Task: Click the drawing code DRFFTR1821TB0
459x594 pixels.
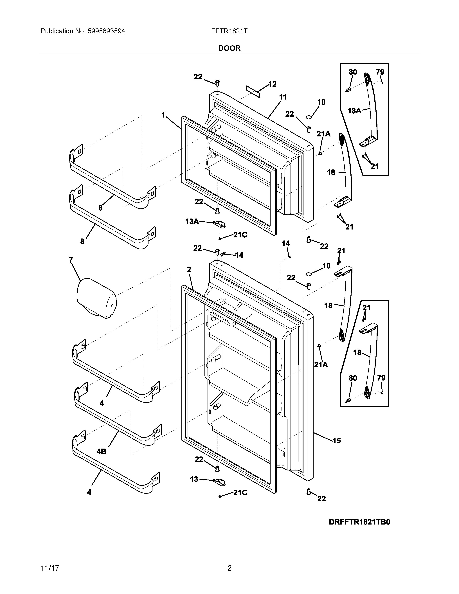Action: pyautogui.click(x=359, y=522)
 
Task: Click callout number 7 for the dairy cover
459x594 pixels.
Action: pyautogui.click(x=71, y=260)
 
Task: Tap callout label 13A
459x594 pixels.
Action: pyautogui.click(x=192, y=222)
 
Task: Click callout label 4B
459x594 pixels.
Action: pyautogui.click(x=101, y=451)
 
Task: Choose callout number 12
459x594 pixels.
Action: pyautogui.click(x=273, y=84)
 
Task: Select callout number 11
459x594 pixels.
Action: pyautogui.click(x=283, y=97)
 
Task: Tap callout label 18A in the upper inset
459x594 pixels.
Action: pyautogui.click(x=354, y=111)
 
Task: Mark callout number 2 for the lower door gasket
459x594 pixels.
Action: pyautogui.click(x=189, y=269)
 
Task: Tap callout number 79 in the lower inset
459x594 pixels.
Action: pyautogui.click(x=381, y=378)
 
